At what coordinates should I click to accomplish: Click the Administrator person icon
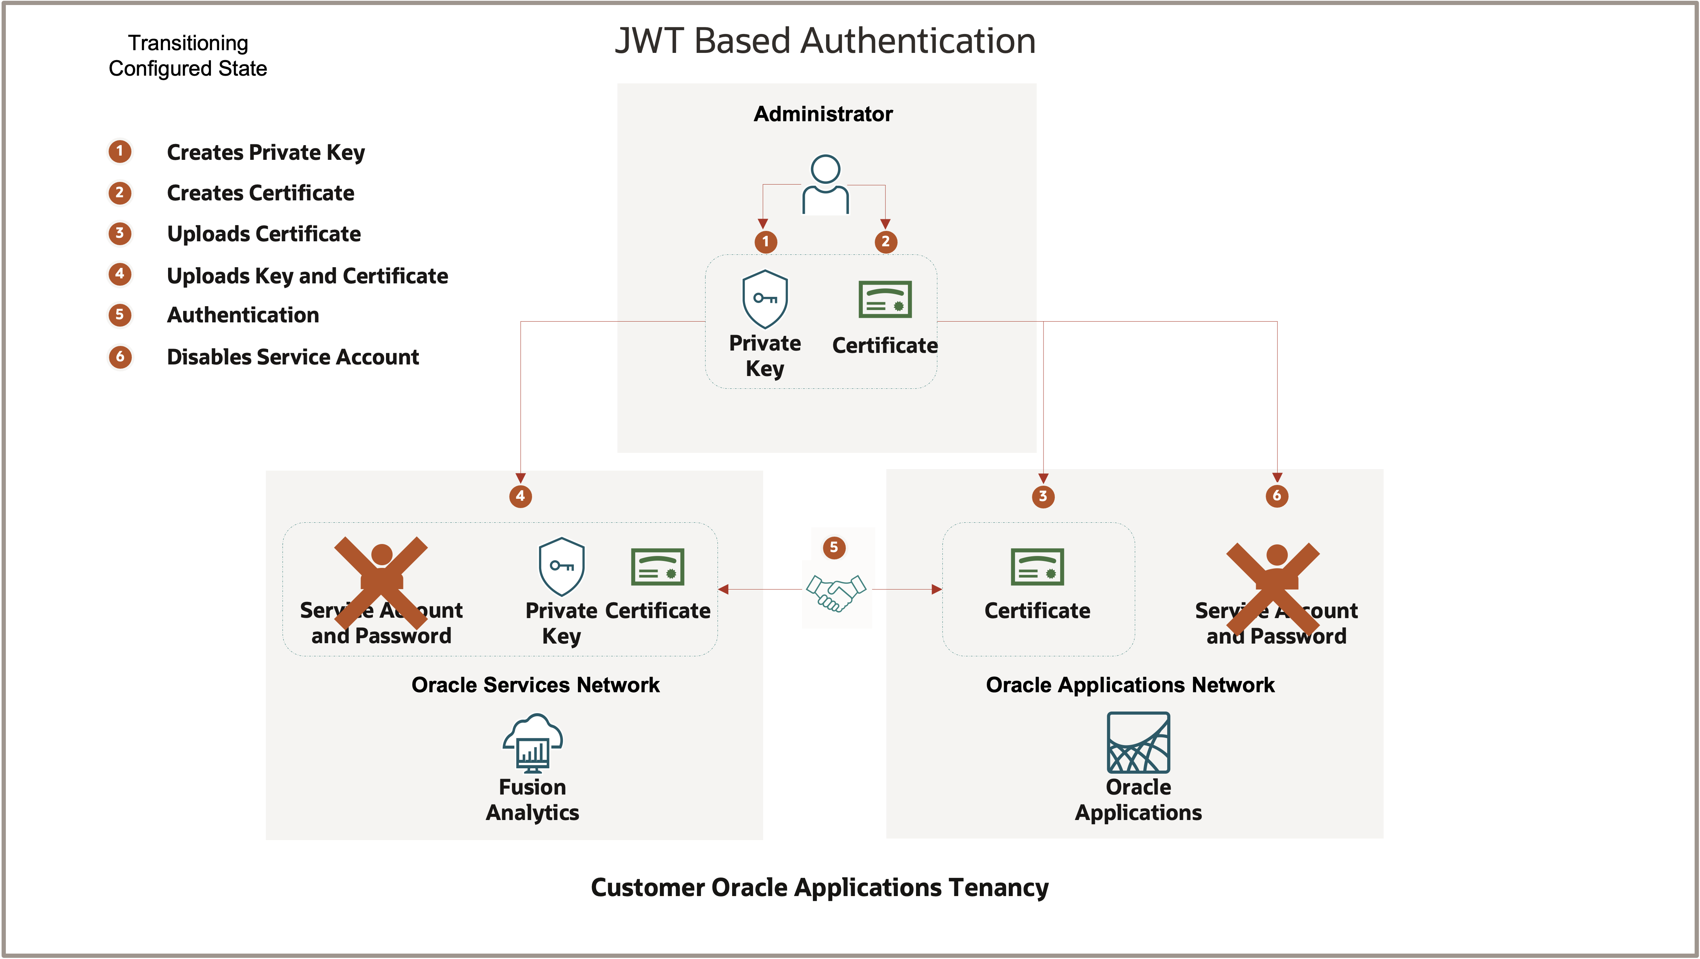[825, 185]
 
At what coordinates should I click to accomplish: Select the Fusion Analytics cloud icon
[532, 743]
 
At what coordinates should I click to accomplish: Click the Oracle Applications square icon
[1138, 743]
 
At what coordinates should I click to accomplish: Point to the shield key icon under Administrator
[765, 299]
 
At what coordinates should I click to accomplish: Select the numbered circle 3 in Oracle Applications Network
[1043, 496]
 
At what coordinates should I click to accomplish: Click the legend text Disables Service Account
[292, 357]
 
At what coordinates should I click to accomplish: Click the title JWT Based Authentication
[825, 41]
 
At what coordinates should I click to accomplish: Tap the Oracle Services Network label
[535, 685]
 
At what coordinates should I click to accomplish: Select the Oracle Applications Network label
[1130, 685]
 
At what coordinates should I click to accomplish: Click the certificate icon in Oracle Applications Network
[1037, 567]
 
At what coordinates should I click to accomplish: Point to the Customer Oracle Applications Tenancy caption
[819, 888]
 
